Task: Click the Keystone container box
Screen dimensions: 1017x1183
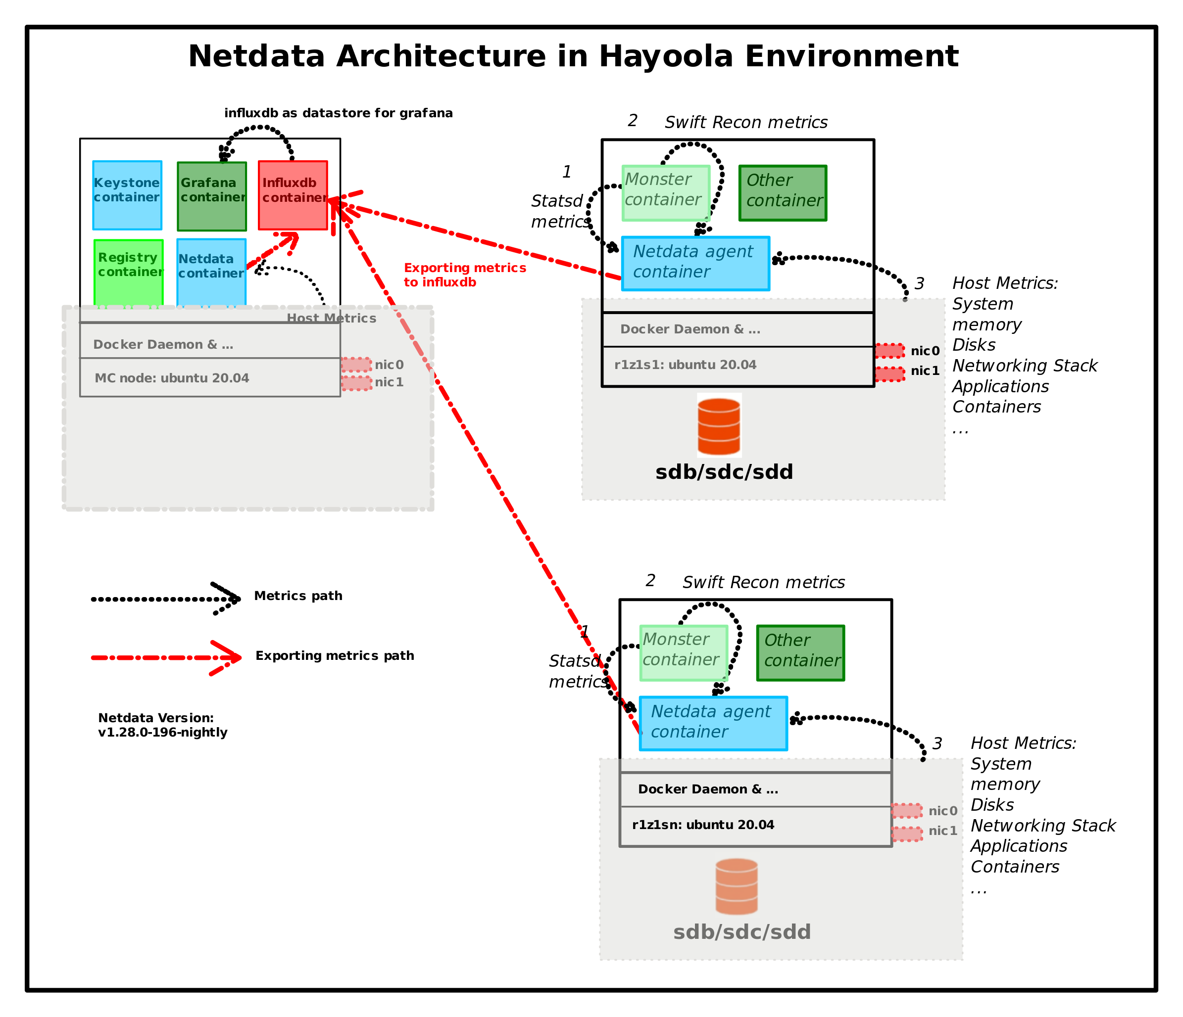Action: [127, 195]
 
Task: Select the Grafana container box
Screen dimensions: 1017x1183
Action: [212, 196]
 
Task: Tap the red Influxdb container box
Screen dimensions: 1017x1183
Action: [293, 195]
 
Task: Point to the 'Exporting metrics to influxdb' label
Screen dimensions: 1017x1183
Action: [465, 275]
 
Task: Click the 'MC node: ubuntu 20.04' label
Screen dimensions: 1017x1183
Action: [172, 378]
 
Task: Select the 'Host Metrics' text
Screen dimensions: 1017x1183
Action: [331, 318]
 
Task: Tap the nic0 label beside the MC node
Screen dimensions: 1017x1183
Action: [389, 365]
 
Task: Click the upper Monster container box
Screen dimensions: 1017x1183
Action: [666, 193]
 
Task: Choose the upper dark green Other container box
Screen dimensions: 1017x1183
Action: [782, 193]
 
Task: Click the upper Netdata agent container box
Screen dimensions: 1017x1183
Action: [695, 263]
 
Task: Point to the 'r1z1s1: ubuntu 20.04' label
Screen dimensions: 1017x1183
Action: [685, 365]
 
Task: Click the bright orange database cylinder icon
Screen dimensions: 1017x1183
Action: [719, 426]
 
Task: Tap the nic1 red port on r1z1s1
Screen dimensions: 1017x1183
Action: [889, 374]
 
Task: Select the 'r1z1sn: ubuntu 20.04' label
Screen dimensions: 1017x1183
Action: [703, 825]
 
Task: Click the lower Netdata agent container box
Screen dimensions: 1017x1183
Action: [713, 723]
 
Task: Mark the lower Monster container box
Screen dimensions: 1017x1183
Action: [684, 653]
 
